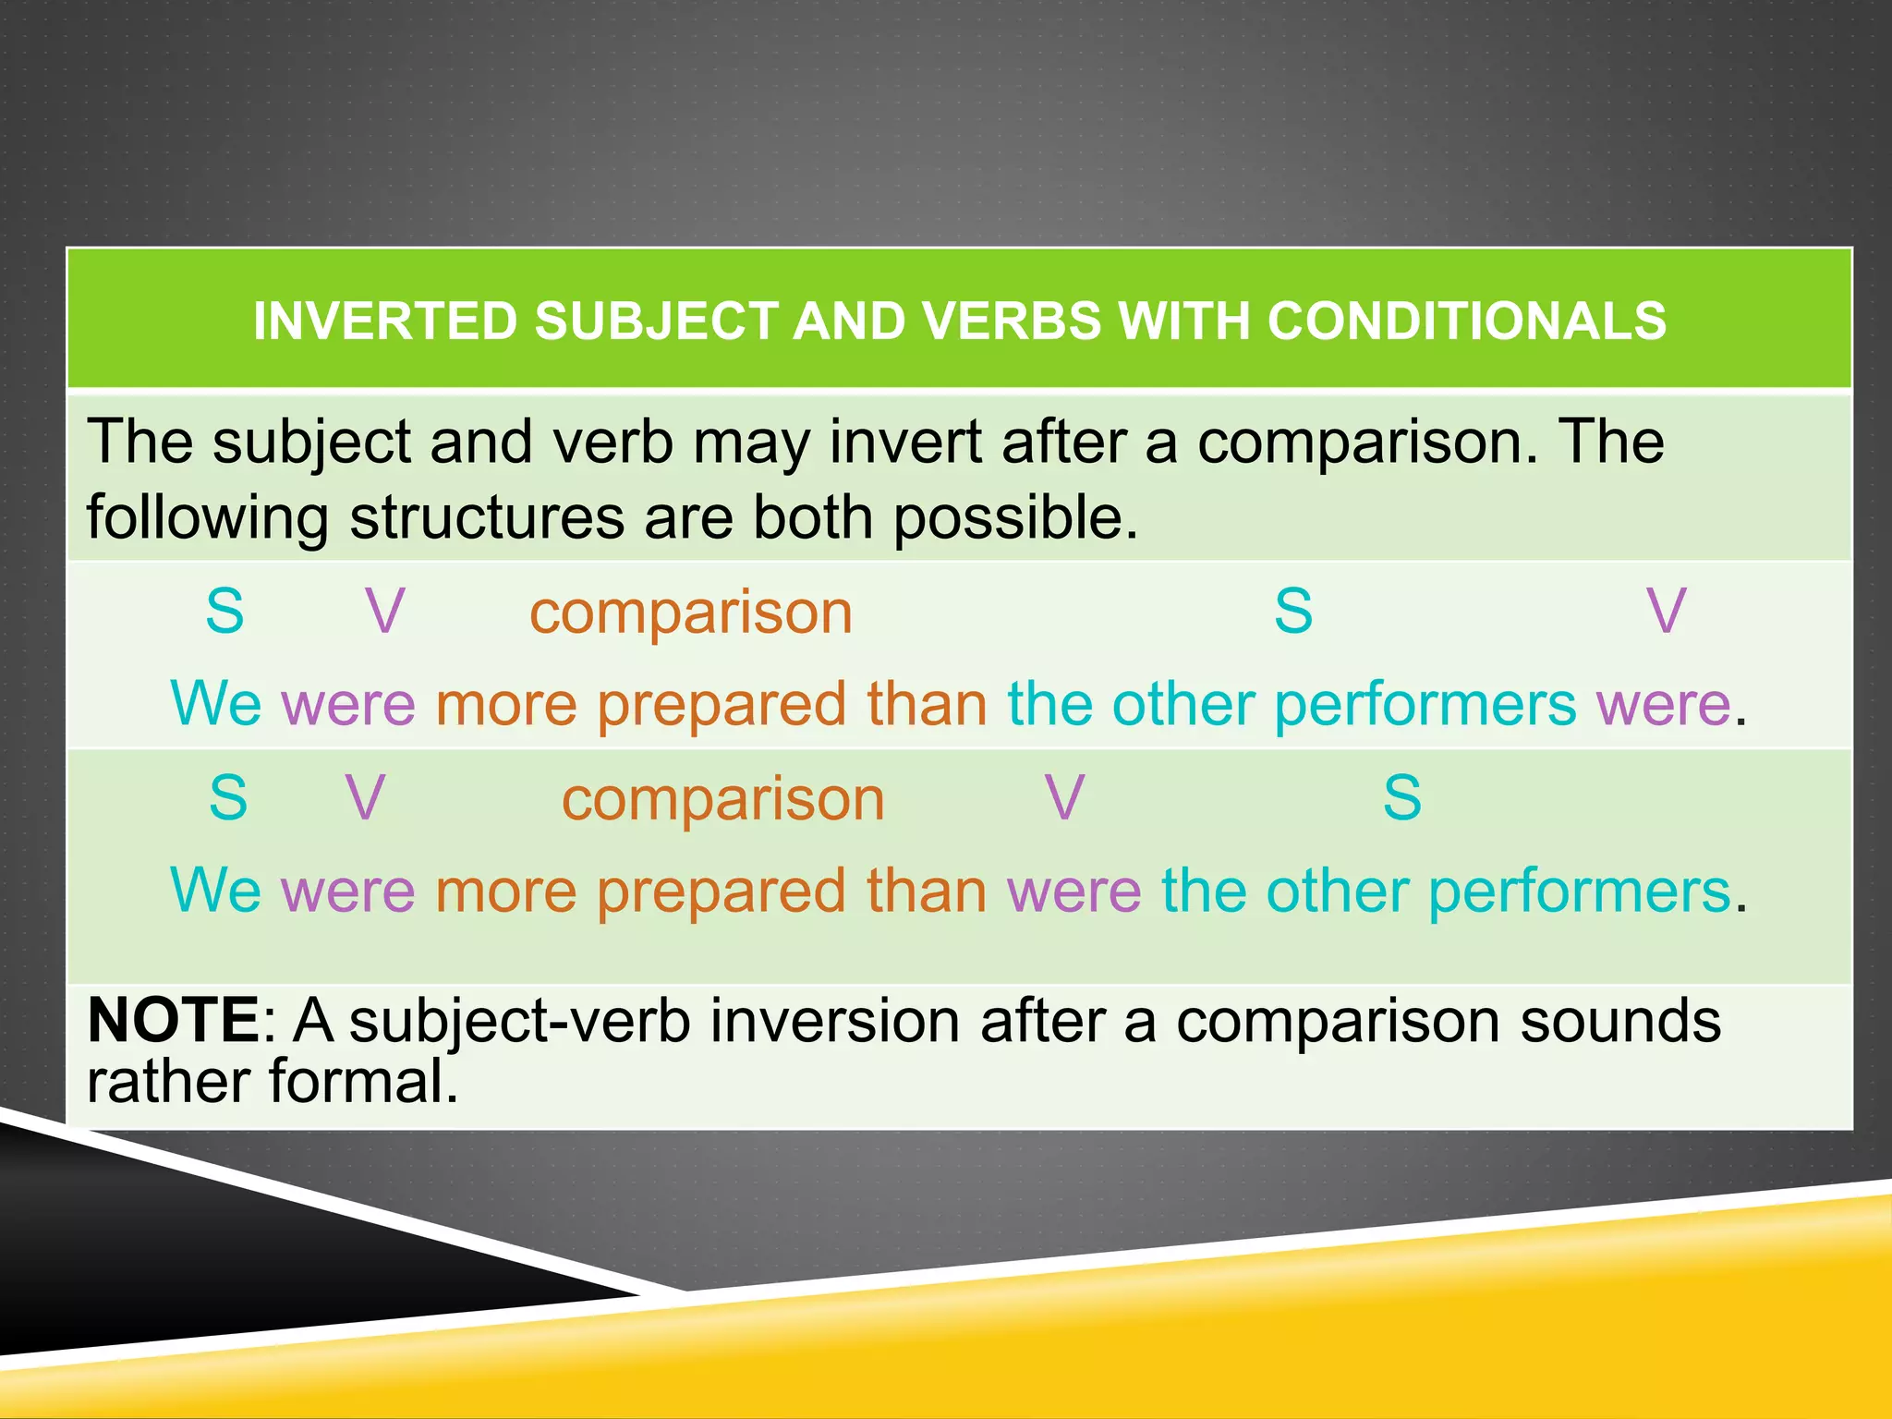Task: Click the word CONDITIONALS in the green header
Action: pos(1466,321)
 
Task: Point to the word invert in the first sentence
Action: pos(905,442)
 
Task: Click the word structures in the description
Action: pos(487,517)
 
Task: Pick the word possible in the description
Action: pos(1015,517)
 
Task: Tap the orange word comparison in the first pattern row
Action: pos(690,612)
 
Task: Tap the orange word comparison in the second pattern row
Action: pos(722,799)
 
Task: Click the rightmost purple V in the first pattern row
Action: pos(1667,612)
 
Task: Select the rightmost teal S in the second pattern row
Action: pos(1401,798)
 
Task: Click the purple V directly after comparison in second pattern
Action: pos(1064,798)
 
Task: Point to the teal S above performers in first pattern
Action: pos(1293,612)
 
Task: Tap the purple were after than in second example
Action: pos(1073,892)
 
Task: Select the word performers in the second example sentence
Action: pos(1579,892)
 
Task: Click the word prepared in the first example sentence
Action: pos(721,706)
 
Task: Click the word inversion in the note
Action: pos(835,1022)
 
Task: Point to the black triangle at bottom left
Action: pos(185,1247)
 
